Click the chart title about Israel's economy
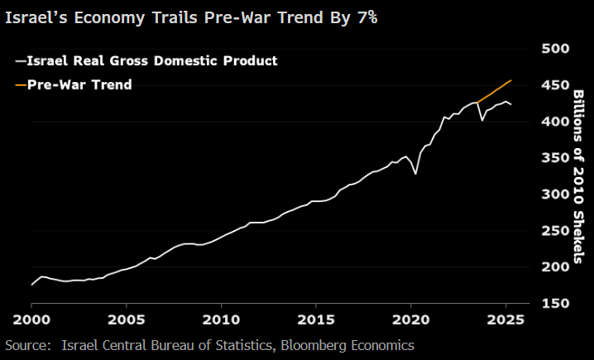coord(191,17)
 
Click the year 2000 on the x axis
coord(31,319)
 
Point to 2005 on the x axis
coord(127,319)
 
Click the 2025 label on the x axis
coord(506,319)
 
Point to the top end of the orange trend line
coord(511,80)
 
